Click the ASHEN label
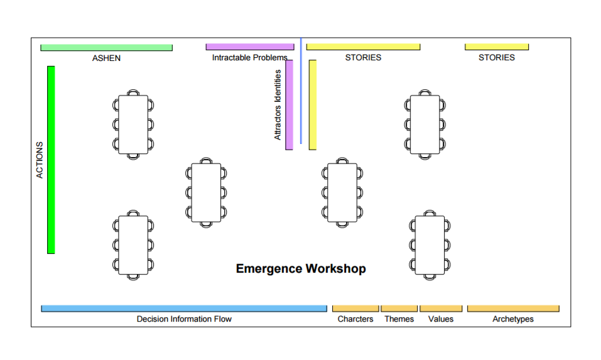pyautogui.click(x=106, y=58)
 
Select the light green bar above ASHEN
pyautogui.click(x=107, y=48)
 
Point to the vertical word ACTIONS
pyautogui.click(x=40, y=160)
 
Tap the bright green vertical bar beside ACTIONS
pyautogui.click(x=51, y=160)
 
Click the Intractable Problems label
pyautogui.click(x=249, y=58)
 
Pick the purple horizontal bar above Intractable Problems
pyautogui.click(x=250, y=46)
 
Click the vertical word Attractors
pyautogui.click(x=278, y=123)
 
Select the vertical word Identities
pyautogui.click(x=278, y=86)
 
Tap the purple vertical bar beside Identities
pyautogui.click(x=290, y=105)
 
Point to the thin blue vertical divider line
pyautogui.click(x=301, y=91)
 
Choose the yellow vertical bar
pyautogui.click(x=313, y=105)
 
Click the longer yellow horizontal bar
pyautogui.click(x=364, y=46)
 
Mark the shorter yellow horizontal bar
pyautogui.click(x=497, y=46)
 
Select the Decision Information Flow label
pyautogui.click(x=184, y=319)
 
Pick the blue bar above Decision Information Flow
pyautogui.click(x=184, y=308)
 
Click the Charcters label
pyautogui.click(x=355, y=319)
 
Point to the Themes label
pyautogui.click(x=399, y=319)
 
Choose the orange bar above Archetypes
pyautogui.click(x=513, y=308)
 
